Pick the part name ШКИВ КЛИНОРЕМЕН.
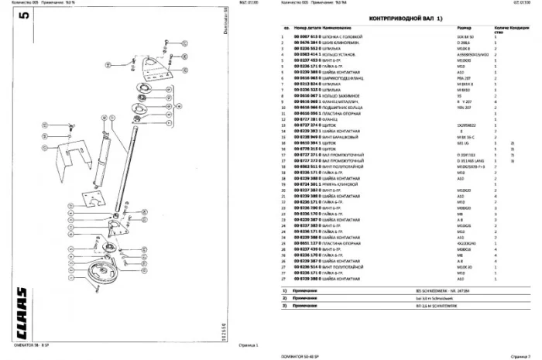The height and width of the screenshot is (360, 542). pyautogui.click(x=342, y=42)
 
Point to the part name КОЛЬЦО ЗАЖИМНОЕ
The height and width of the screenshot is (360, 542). pyautogui.click(x=341, y=95)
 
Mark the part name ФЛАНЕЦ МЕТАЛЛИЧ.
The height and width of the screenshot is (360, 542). pyautogui.click(x=341, y=101)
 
